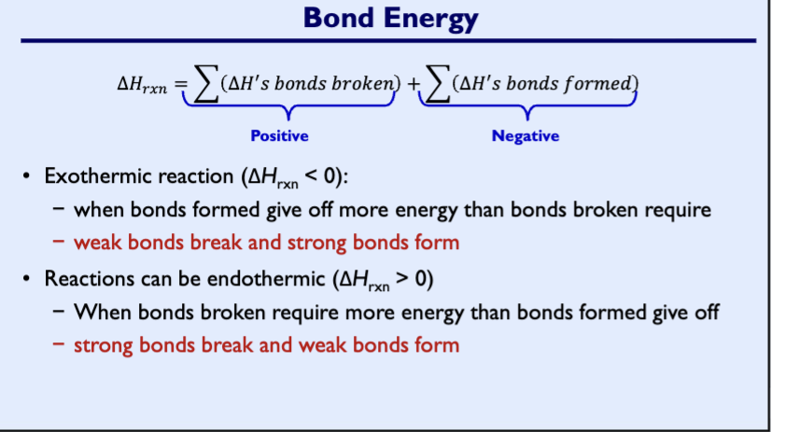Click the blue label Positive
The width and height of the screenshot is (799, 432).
279,136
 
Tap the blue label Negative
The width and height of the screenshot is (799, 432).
526,136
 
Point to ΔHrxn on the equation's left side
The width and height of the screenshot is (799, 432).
141,85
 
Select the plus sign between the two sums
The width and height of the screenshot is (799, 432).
410,85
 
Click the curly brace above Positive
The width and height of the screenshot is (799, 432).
288,110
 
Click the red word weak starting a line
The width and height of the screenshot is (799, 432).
95,243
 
